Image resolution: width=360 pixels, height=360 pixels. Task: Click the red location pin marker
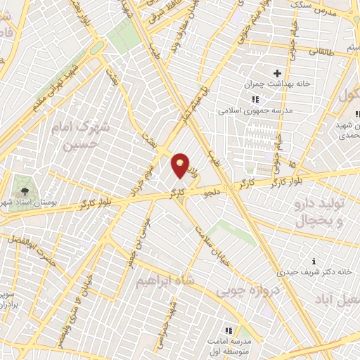(181, 165)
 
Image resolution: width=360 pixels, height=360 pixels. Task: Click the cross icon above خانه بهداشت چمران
(277, 73)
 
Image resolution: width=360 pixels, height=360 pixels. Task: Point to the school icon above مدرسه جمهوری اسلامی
(255, 99)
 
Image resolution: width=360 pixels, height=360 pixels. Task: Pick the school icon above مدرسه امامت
(228, 330)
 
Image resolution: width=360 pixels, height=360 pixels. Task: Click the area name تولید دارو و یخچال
(326, 212)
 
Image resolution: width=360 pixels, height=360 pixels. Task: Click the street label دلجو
(213, 188)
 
